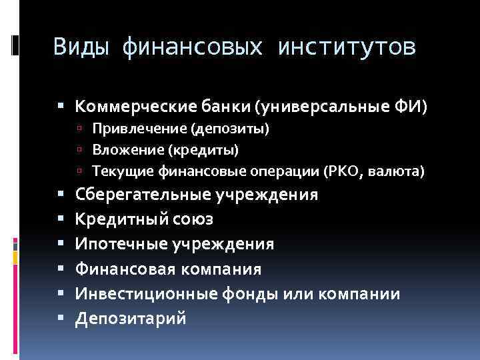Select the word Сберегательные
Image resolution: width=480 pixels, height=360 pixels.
tap(143, 195)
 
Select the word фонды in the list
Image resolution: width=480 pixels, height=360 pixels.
tap(231, 294)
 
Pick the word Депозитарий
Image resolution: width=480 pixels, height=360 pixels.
tap(131, 319)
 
